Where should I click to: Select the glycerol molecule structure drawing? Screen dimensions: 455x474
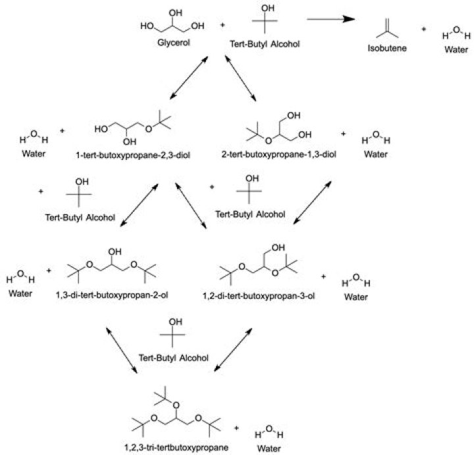click(x=172, y=24)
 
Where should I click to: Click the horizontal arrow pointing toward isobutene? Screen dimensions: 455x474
click(x=332, y=19)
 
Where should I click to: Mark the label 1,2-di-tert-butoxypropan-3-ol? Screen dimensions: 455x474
click(x=265, y=296)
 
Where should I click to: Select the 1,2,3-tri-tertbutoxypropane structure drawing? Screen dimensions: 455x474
click(x=174, y=415)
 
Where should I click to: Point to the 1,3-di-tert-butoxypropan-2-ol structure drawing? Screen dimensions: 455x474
click(x=111, y=267)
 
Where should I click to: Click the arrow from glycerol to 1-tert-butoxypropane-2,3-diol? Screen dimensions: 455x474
click(x=188, y=78)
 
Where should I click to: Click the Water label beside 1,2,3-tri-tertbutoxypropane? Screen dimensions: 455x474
click(x=269, y=449)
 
